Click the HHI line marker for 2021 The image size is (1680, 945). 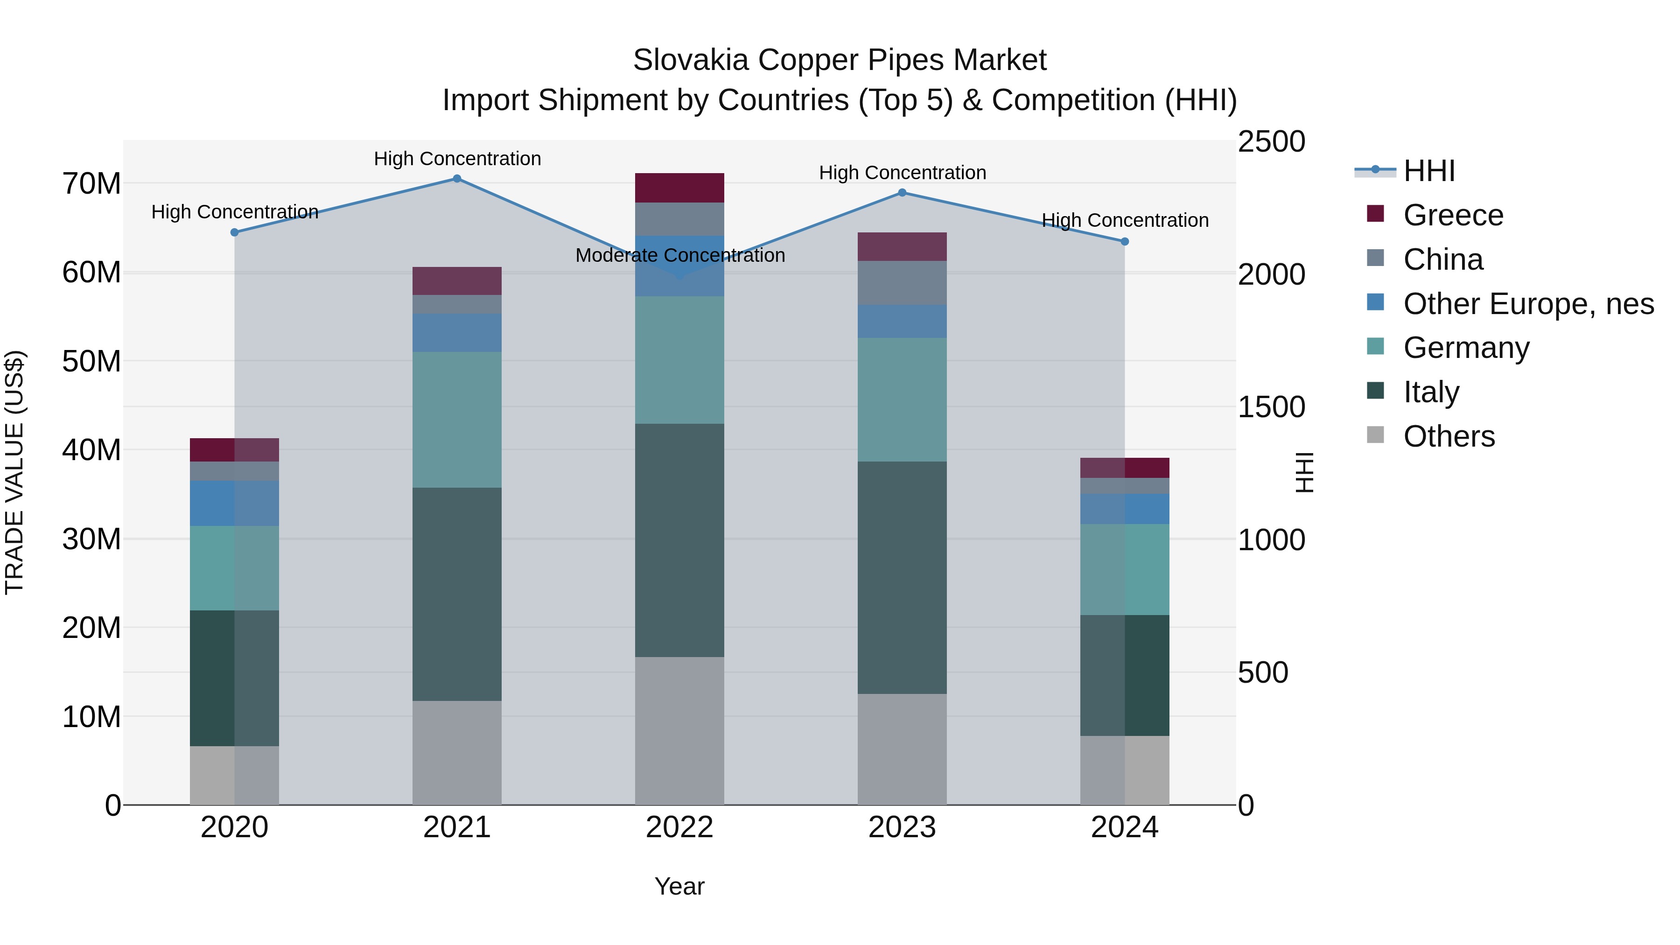pos(457,179)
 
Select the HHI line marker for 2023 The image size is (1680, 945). pos(902,192)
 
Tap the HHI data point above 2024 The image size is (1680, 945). pos(1124,241)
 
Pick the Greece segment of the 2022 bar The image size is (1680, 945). pos(679,188)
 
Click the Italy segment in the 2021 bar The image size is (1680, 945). pos(457,594)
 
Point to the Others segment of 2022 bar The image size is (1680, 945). pos(679,730)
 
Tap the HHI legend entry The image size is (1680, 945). pos(1428,171)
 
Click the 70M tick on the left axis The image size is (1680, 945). pos(91,184)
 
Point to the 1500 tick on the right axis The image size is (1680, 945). pos(1271,407)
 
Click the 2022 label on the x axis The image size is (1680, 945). pos(679,827)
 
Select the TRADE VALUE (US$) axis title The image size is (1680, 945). pos(14,472)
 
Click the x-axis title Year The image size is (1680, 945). pos(679,886)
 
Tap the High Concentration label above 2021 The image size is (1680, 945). pos(457,159)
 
